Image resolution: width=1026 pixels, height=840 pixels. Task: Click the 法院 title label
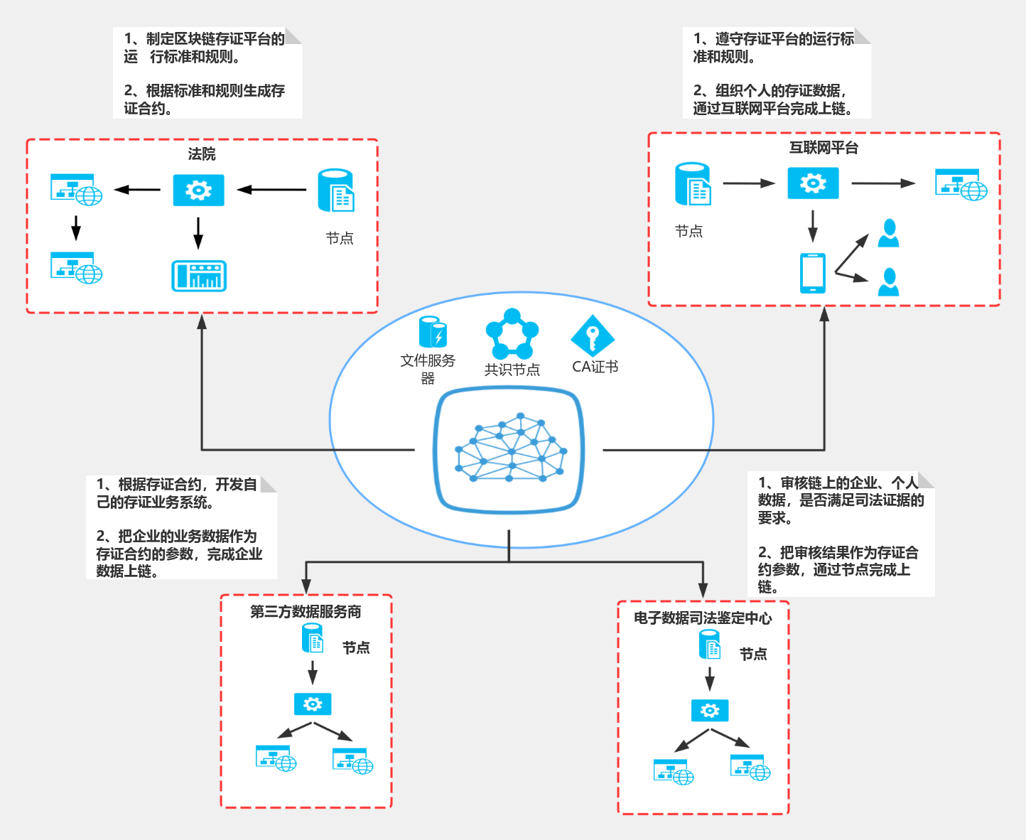(x=202, y=154)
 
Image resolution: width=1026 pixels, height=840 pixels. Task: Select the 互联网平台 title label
(x=823, y=148)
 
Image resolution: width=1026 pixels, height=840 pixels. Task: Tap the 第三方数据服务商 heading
(x=306, y=612)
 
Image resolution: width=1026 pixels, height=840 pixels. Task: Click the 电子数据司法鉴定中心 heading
(x=703, y=618)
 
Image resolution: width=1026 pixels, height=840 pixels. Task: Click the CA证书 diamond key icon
(x=592, y=336)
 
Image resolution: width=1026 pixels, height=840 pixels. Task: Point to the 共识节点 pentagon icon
(x=512, y=334)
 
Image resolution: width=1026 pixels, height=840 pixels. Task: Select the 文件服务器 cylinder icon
(x=432, y=333)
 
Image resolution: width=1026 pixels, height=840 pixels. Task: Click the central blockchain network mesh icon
(x=509, y=449)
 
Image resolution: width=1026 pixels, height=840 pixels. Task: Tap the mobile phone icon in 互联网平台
(x=812, y=273)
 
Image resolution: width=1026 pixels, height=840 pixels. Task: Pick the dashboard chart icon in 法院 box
(x=199, y=276)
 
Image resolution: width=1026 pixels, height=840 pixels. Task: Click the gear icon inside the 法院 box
(x=198, y=190)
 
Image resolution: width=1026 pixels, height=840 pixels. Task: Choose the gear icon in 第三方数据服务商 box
(x=313, y=704)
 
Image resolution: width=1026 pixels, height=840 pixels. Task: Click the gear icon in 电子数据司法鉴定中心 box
(x=709, y=710)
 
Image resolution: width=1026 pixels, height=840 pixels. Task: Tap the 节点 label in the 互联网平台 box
(x=688, y=231)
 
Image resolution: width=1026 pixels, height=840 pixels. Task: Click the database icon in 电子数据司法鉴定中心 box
(x=710, y=645)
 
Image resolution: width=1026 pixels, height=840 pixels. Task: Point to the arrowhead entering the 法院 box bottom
(x=202, y=321)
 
